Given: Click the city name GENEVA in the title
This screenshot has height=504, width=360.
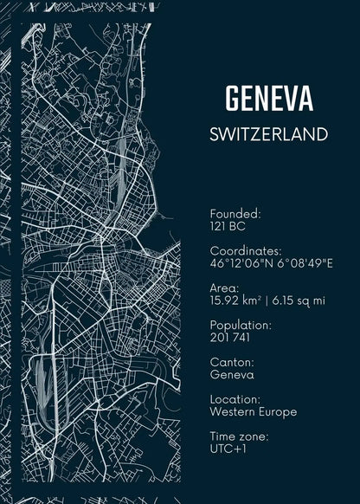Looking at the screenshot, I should coord(268,99).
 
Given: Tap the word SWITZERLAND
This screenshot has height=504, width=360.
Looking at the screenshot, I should coord(268,135).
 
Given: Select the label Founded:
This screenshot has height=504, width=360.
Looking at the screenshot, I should coord(235,213).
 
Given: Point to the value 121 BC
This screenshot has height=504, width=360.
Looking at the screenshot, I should coord(228,226).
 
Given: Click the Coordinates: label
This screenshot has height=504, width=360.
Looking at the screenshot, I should coord(246,250).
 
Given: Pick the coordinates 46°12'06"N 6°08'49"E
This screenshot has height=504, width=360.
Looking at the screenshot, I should coord(271,262).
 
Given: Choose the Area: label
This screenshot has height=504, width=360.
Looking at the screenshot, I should coord(227,288).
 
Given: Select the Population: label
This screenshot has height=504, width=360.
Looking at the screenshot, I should coord(241,325).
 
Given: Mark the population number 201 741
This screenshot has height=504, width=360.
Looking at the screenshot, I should coord(230,337).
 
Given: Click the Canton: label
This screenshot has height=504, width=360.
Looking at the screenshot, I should coord(232,362).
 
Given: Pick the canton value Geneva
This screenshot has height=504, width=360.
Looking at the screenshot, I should coord(232,375).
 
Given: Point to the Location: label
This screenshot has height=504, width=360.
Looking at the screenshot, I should coord(235,399).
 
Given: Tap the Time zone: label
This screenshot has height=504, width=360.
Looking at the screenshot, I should coord(239,436).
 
